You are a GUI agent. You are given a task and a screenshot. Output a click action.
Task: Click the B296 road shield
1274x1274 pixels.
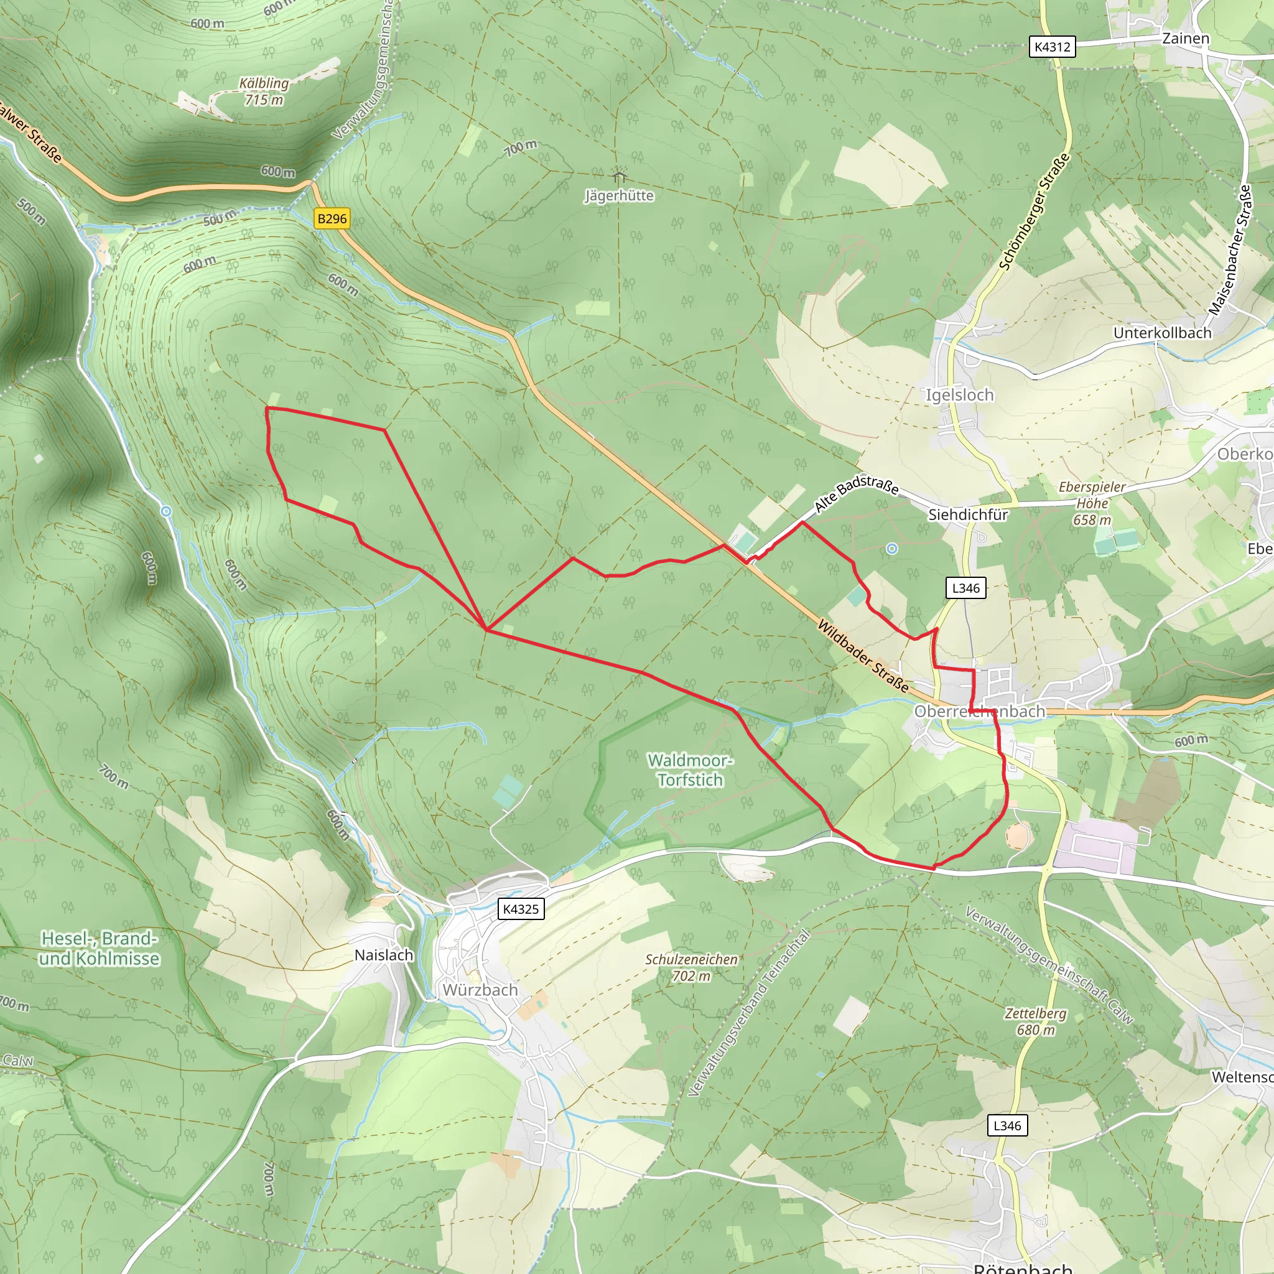point(332,219)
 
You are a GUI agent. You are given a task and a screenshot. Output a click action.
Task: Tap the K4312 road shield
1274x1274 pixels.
point(1053,47)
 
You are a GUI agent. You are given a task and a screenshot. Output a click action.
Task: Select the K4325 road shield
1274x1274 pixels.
point(520,909)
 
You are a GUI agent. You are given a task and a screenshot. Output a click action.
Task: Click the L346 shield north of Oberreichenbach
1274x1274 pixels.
point(966,588)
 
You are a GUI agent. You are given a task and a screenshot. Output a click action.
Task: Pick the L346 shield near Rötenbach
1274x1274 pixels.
point(1007,1125)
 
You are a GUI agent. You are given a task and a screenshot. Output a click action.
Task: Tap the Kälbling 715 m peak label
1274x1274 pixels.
point(264,91)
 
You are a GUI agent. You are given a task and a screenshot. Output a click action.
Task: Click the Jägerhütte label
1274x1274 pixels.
point(619,196)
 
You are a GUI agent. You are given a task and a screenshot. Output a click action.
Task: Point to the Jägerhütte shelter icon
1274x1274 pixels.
point(619,176)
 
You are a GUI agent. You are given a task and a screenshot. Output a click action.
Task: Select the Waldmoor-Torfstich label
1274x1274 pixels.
point(690,770)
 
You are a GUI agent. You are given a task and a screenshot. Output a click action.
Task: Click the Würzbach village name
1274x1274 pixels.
point(480,990)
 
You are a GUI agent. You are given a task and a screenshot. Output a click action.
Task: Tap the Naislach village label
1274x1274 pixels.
point(384,955)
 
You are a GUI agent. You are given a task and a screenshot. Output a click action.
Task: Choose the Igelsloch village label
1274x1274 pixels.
point(959,395)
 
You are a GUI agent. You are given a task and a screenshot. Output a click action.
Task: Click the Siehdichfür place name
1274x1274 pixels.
point(968,514)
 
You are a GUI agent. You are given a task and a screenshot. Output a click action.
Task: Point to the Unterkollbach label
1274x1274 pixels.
point(1163,333)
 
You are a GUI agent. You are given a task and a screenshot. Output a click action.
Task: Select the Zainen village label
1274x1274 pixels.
point(1186,38)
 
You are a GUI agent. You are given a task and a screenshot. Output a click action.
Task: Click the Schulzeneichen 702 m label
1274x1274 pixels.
point(691,967)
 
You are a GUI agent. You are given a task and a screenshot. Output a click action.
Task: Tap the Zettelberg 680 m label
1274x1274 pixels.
point(1035,1021)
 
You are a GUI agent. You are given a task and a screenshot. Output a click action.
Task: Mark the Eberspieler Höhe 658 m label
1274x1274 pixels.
point(1092,503)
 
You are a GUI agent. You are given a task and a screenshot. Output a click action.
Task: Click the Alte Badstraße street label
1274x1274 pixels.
point(856,493)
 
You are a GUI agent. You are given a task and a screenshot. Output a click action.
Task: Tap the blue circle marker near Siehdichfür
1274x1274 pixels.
point(891,549)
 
